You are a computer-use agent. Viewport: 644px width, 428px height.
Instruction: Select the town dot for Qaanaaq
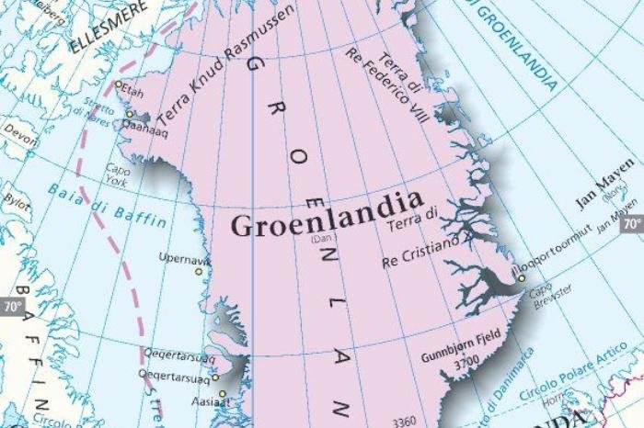point(130,115)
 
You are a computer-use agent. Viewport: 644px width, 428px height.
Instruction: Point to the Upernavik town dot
point(198,272)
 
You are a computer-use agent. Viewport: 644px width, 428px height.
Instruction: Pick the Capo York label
point(117,174)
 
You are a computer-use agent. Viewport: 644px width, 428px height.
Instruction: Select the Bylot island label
point(17,199)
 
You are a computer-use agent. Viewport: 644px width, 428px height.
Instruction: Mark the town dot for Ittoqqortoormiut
point(521,278)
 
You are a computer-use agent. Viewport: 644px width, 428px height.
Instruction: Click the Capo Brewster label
point(548,298)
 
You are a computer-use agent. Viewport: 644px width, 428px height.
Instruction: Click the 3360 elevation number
point(405,422)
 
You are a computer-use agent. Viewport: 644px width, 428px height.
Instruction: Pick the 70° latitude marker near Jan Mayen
point(631,223)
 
